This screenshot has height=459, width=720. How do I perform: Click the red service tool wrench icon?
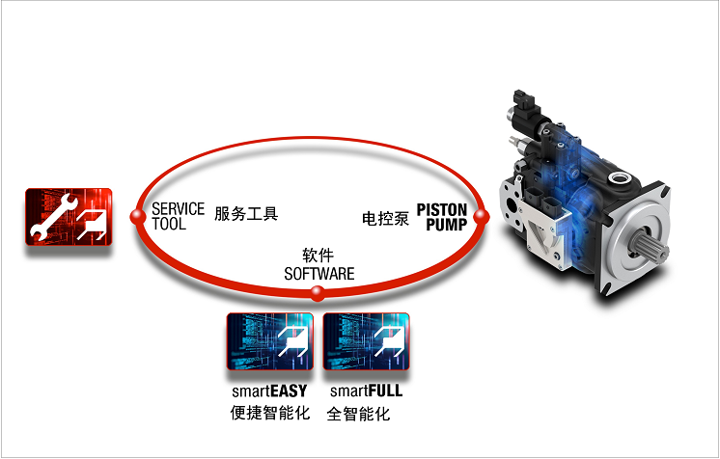[69, 217]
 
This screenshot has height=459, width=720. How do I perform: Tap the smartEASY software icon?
[270, 341]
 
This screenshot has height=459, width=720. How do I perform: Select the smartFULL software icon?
[367, 341]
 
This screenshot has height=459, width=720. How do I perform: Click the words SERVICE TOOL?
[178, 216]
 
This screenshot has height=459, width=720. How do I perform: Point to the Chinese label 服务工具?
[246, 214]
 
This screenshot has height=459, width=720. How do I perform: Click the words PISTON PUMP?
[442, 217]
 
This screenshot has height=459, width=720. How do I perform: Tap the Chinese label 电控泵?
[385, 219]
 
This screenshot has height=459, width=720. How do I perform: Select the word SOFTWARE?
[319, 274]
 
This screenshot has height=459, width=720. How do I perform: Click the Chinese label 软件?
[318, 256]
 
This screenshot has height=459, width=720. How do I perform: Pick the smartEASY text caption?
[269, 391]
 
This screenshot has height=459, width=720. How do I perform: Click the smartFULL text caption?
[366, 391]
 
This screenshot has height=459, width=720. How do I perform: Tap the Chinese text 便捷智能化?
[270, 413]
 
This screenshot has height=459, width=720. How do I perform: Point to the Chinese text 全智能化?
[358, 414]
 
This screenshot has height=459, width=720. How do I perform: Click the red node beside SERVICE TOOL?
[138, 216]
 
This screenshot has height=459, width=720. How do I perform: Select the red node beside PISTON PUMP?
[481, 216]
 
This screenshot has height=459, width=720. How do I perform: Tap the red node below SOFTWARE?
[318, 293]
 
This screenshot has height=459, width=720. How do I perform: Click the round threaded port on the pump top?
[621, 177]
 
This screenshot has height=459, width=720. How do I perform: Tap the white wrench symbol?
[50, 217]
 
